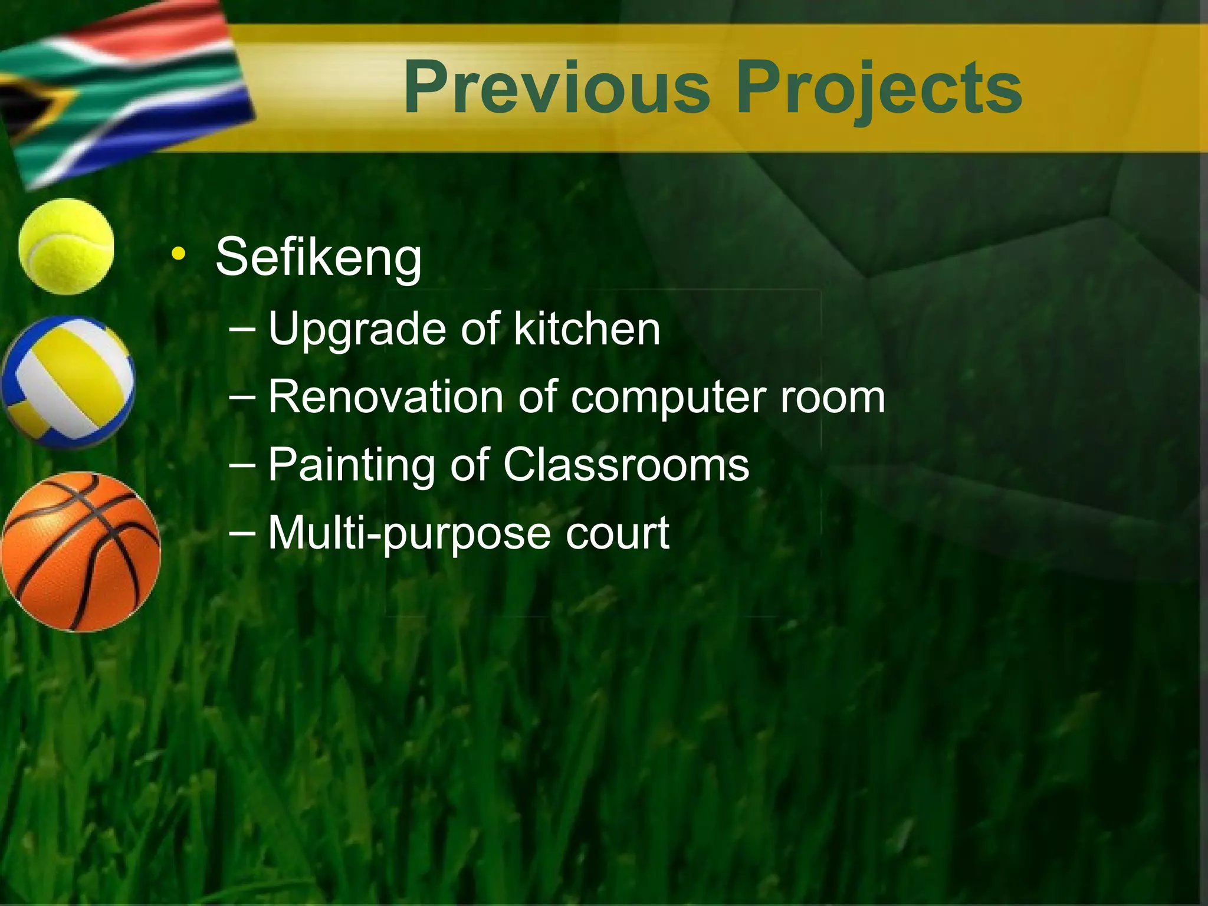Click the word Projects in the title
[x=879, y=88]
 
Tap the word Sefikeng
[x=319, y=258]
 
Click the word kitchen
[x=587, y=329]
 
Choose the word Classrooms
[x=626, y=465]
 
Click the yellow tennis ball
[x=66, y=246]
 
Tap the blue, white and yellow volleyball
[x=67, y=382]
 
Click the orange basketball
[x=80, y=552]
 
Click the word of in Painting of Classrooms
[x=470, y=465]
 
